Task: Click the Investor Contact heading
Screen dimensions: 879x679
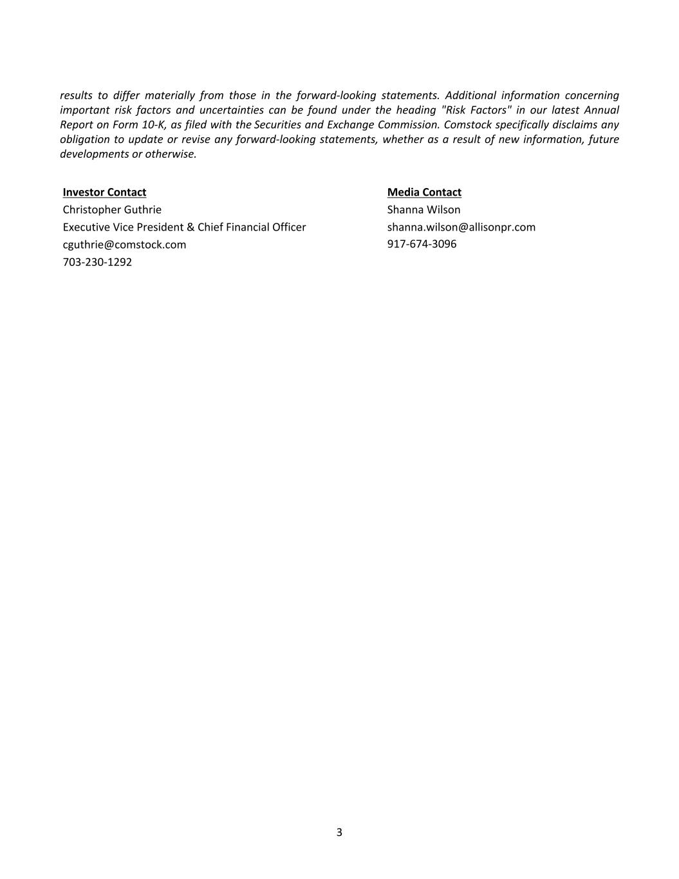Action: click(104, 192)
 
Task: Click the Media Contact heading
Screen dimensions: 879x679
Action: click(424, 192)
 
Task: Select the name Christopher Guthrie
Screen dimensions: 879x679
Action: click(112, 209)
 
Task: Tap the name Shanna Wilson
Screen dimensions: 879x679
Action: click(423, 209)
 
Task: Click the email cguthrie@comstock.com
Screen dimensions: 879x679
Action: click(124, 245)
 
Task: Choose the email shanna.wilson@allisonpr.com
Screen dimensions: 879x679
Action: click(461, 227)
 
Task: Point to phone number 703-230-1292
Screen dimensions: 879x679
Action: click(97, 262)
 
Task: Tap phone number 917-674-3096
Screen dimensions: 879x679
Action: click(422, 244)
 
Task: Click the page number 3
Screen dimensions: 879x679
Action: click(339, 832)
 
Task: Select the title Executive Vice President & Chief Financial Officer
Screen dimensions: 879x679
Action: click(184, 227)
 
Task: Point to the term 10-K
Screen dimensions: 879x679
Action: click(153, 125)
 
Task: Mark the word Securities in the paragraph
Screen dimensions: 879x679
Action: click(278, 125)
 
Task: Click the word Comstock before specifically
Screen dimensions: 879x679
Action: click(467, 125)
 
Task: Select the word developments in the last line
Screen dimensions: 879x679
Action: click(94, 154)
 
